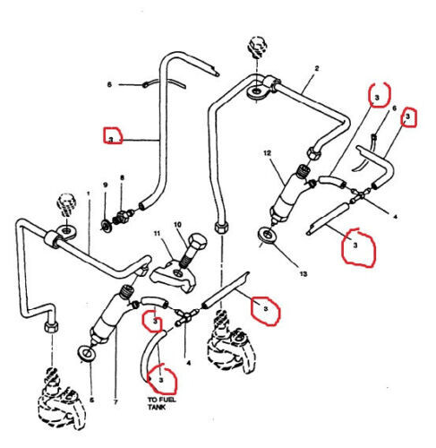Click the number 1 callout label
click(x=88, y=194)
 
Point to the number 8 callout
click(x=122, y=178)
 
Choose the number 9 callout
click(x=105, y=185)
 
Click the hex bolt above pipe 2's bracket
click(x=256, y=45)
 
